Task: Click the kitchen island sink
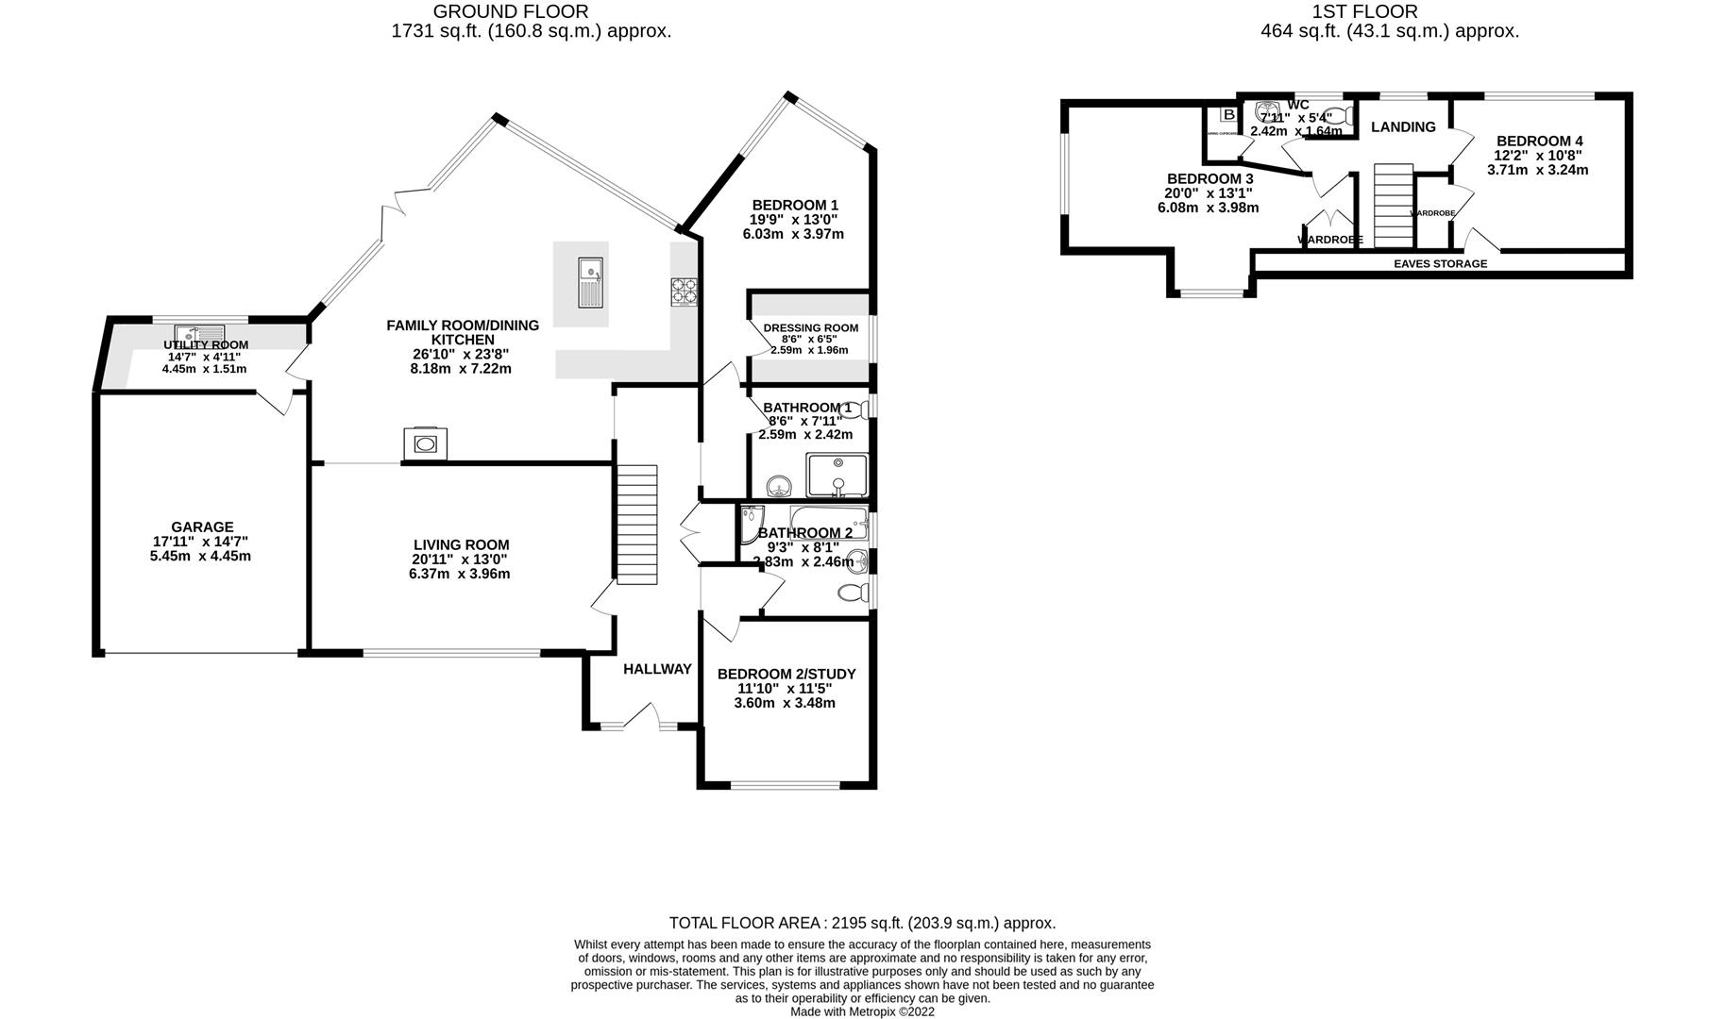(x=592, y=282)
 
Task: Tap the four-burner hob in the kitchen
(x=685, y=291)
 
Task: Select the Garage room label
(x=202, y=527)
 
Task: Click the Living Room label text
(x=461, y=544)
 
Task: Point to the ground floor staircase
(x=637, y=524)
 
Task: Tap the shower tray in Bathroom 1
(x=837, y=475)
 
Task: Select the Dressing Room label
(x=810, y=328)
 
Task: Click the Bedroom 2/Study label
(x=786, y=674)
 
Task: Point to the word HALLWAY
(x=657, y=669)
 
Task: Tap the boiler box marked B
(x=1228, y=115)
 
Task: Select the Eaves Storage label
(x=1440, y=263)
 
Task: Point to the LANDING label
(x=1403, y=126)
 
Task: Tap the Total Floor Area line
(x=862, y=923)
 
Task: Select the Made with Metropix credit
(x=862, y=1011)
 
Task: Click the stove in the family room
(x=426, y=443)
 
